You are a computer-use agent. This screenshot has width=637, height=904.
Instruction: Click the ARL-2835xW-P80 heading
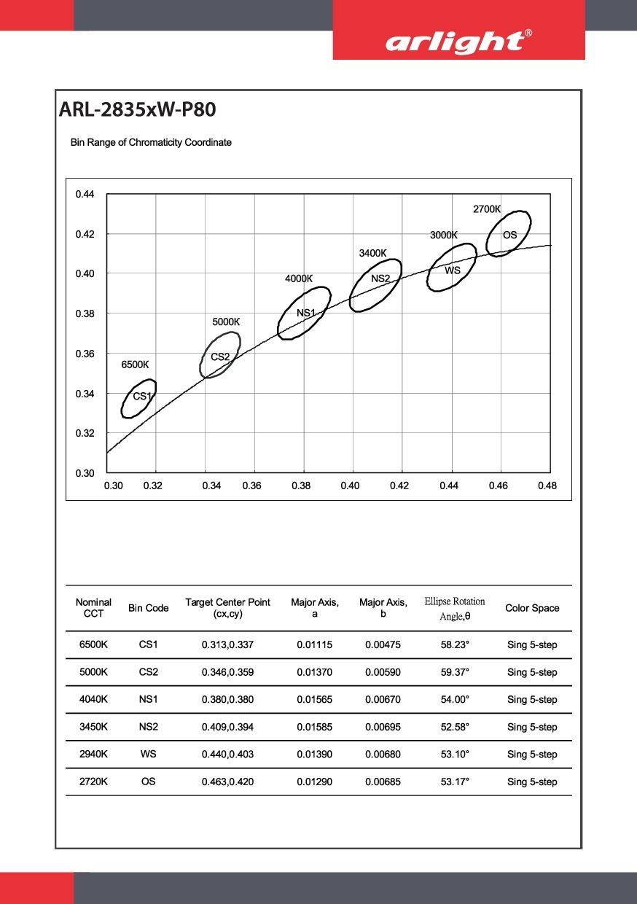pyautogui.click(x=137, y=110)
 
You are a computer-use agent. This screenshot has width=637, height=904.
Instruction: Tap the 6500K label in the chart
pyautogui.click(x=135, y=365)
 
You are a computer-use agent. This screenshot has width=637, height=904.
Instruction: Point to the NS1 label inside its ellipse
pyautogui.click(x=306, y=313)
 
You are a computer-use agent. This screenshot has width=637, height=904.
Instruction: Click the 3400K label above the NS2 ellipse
pyautogui.click(x=372, y=253)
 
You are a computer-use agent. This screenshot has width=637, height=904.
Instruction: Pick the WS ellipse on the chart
pyautogui.click(x=452, y=269)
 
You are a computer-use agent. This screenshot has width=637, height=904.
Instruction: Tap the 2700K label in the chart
pyautogui.click(x=487, y=209)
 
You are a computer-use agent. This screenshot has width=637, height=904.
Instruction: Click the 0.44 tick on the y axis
pyautogui.click(x=85, y=194)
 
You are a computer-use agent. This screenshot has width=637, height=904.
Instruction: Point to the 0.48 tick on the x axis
pyautogui.click(x=547, y=486)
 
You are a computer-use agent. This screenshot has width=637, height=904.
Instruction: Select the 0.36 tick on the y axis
pyautogui.click(x=85, y=354)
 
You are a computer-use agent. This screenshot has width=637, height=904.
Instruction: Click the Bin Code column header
pyautogui.click(x=148, y=608)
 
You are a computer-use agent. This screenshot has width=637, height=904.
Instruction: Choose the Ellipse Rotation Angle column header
pyautogui.click(x=455, y=609)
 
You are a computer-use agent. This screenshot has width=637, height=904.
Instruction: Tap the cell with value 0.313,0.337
pyautogui.click(x=227, y=645)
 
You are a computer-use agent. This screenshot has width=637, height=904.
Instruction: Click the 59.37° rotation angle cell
pyautogui.click(x=455, y=672)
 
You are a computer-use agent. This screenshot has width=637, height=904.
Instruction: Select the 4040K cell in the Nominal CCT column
pyautogui.click(x=93, y=699)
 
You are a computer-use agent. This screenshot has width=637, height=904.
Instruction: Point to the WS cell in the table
pyautogui.click(x=148, y=754)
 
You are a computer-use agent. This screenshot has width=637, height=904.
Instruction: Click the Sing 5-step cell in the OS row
pyautogui.click(x=532, y=782)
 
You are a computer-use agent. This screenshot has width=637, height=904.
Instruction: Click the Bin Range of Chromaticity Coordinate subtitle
pyautogui.click(x=151, y=142)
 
